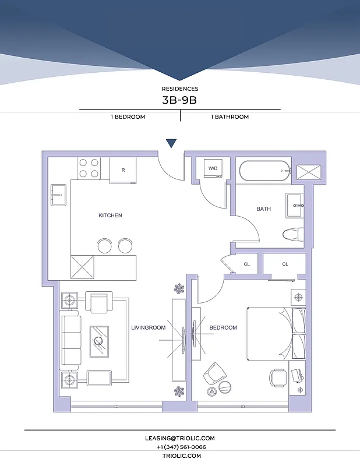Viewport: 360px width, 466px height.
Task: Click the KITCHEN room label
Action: (110, 216)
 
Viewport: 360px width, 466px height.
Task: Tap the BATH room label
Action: (263, 209)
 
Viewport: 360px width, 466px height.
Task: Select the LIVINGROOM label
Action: (148, 328)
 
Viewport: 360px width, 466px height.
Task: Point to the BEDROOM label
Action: (223, 328)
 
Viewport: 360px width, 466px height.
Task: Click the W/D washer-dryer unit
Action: (213, 168)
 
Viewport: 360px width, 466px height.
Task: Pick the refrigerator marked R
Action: (123, 170)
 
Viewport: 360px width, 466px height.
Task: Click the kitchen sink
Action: (58, 195)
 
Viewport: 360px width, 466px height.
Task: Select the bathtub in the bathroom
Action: (264, 171)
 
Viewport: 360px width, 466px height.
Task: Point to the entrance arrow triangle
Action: (171, 143)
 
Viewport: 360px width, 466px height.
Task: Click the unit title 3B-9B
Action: (179, 100)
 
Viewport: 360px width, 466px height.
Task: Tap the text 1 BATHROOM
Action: (230, 117)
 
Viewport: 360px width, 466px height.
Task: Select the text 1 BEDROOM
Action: (128, 117)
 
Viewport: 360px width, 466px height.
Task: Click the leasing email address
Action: (179, 438)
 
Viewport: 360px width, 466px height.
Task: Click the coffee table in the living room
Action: (99, 341)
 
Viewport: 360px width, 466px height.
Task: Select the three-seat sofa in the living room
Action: (70, 341)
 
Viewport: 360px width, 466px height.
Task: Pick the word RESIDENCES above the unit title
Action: (179, 89)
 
